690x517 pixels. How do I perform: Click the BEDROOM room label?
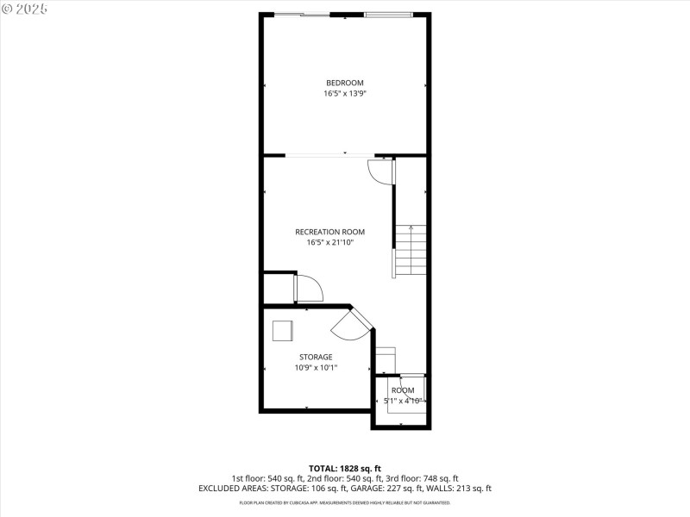point(344,83)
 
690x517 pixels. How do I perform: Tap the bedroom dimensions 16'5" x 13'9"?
point(344,93)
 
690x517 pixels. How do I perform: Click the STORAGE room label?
point(316,357)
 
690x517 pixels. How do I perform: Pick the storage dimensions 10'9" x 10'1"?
point(316,367)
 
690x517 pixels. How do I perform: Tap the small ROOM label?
point(403,390)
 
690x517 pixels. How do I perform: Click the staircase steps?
point(411,251)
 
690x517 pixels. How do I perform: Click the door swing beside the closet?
point(309,288)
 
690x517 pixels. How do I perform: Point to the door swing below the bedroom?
point(380,171)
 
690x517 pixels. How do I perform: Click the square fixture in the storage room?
point(283,332)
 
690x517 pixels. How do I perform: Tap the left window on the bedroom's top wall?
point(302,15)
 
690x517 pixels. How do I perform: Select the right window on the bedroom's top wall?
point(388,15)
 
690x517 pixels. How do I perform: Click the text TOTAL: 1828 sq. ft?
point(344,468)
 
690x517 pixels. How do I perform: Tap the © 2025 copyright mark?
point(25,8)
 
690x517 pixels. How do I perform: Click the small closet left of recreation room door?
point(279,288)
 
